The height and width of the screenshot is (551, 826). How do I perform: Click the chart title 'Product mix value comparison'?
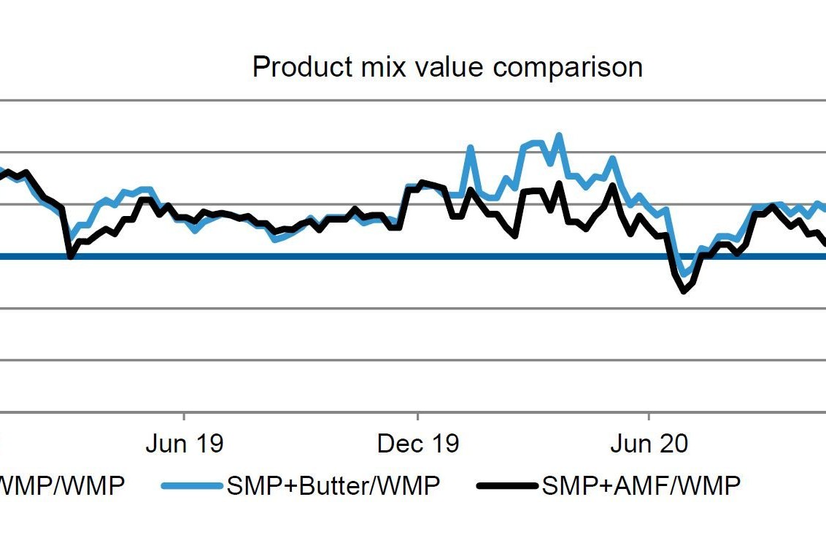tap(447, 67)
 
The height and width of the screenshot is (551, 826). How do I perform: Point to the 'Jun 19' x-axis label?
tap(184, 444)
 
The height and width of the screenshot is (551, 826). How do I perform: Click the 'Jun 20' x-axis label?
tap(649, 444)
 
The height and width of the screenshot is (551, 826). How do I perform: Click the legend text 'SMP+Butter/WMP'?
tap(333, 485)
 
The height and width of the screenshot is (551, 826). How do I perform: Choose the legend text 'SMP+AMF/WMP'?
tap(641, 485)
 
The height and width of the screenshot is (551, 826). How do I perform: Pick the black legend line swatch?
tap(508, 485)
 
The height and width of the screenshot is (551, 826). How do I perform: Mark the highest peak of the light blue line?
tap(559, 135)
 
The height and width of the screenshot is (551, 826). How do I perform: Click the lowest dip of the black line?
tap(684, 291)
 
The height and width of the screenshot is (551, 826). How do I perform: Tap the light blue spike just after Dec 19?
tap(470, 148)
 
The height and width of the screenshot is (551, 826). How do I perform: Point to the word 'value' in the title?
tap(448, 67)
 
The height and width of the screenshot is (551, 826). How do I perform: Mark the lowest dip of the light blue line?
tap(684, 274)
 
